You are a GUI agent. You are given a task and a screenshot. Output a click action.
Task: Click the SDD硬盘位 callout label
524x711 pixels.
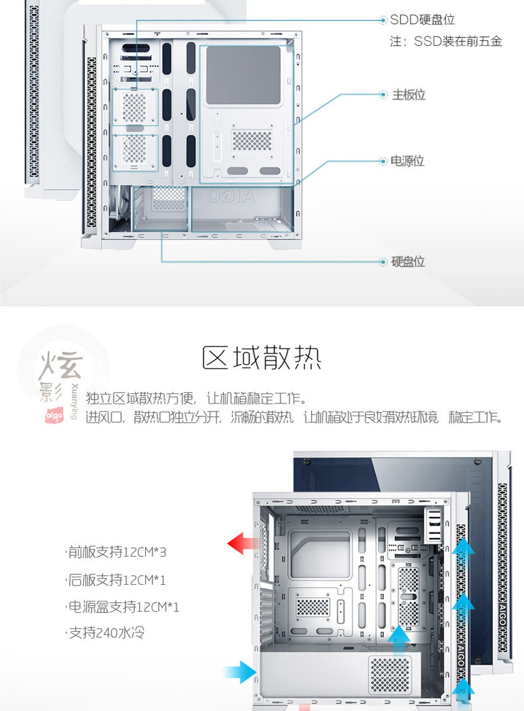click(423, 19)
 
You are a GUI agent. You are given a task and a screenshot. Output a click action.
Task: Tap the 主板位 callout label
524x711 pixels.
click(408, 95)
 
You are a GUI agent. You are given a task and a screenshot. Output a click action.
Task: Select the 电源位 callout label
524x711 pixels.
click(407, 161)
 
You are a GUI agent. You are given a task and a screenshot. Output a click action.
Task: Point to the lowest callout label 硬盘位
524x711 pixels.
click(408, 262)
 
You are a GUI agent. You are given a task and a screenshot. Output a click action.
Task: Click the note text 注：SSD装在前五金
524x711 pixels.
click(446, 41)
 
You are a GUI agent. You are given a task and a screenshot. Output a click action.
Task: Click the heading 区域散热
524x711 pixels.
click(262, 358)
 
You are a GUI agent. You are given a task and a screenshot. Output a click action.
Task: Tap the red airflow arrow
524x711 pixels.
click(243, 543)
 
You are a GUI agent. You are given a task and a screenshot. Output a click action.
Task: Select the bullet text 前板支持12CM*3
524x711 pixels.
click(117, 553)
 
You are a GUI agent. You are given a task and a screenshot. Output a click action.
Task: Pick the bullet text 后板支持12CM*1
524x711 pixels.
click(117, 579)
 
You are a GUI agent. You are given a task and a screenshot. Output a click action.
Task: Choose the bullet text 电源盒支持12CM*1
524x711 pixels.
click(123, 607)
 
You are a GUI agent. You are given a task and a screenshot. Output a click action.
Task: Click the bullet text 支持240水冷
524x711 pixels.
click(105, 632)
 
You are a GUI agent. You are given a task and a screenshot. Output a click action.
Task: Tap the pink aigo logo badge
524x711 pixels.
click(54, 416)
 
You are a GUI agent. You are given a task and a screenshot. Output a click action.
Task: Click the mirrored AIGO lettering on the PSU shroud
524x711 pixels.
click(231, 196)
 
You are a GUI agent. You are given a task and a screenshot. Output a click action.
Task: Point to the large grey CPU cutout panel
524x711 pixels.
click(243, 75)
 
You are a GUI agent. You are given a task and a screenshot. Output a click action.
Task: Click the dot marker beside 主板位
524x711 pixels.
click(384, 95)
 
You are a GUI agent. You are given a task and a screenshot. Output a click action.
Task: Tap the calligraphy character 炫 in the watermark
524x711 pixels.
click(61, 365)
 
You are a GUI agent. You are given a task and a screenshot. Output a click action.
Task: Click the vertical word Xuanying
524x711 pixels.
click(75, 401)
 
